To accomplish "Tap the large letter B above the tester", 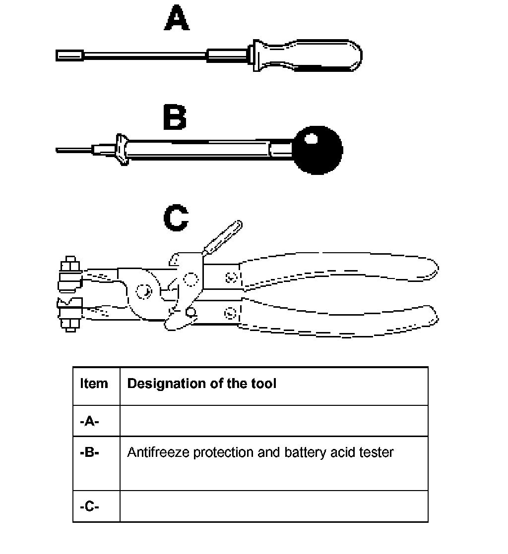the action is coord(175,118).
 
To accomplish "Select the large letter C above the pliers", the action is coord(176,219).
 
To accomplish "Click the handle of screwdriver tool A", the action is coord(308,55).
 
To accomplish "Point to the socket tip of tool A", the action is coord(68,55).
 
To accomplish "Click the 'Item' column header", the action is coord(94,384).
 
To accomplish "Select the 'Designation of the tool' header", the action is coord(202,384).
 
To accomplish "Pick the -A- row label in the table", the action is coord(90,421).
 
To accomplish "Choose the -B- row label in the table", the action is coord(90,452).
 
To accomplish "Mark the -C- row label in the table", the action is coord(90,507).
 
